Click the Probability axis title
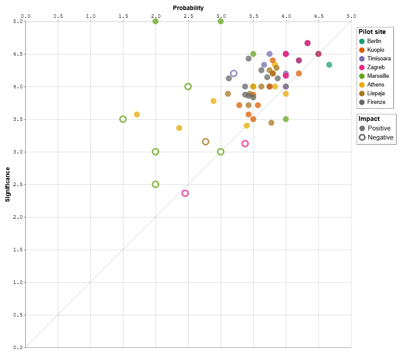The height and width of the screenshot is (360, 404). [188, 8]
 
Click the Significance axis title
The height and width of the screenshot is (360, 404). [7, 184]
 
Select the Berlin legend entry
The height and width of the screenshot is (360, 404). [374, 41]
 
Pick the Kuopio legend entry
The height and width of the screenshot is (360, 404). [375, 50]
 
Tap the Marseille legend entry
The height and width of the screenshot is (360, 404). [378, 76]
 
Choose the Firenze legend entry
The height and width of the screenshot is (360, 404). [376, 102]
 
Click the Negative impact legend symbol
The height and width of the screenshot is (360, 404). [362, 137]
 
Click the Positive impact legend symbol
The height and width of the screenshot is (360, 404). [362, 128]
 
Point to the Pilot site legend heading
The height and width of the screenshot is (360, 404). [372, 32]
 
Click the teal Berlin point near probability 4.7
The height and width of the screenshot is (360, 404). [329, 65]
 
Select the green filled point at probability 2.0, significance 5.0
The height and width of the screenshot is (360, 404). [156, 21]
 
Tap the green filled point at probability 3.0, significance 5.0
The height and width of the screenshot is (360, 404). [221, 21]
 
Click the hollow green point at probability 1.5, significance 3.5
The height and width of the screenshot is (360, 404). [123, 119]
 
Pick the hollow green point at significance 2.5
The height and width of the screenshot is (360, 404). [156, 184]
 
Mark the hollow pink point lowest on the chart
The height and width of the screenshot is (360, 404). [185, 193]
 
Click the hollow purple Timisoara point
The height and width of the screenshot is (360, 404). [234, 73]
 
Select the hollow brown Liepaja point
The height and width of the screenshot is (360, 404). [206, 142]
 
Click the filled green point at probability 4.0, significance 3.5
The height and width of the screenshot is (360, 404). [286, 119]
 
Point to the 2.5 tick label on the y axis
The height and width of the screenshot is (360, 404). [18, 184]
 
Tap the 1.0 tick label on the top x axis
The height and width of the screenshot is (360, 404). [90, 16]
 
